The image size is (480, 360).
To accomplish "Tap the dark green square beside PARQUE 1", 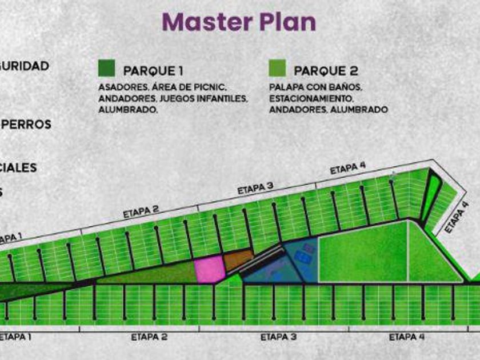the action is click(106, 68).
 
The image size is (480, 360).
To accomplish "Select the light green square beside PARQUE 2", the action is click(277, 68).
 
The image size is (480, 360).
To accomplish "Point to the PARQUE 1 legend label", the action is click(153, 71).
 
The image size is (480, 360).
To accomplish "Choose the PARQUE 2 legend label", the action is click(326, 71).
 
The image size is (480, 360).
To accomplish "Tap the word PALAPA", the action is click(286, 88).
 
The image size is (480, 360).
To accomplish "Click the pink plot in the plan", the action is click(210, 269).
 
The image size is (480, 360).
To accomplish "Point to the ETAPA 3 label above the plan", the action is click(255, 189).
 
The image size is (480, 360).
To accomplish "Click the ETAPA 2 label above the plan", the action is click(141, 212).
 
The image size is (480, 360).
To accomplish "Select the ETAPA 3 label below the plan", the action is click(278, 337).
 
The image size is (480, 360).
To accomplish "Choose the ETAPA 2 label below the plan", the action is click(149, 337).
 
